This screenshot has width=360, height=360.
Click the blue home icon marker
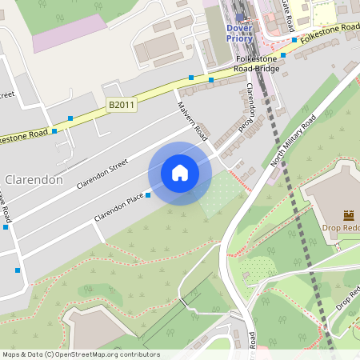tap(180, 173)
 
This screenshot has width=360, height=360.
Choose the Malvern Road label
tap(193, 122)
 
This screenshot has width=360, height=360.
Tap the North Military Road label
tap(294, 138)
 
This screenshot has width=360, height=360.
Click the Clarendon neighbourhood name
tap(34, 180)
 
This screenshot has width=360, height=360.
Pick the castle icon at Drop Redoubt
tap(349, 215)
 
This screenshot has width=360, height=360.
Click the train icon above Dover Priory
tap(239, 15)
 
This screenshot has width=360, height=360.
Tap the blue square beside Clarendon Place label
tap(148, 195)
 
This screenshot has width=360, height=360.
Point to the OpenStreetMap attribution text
tap(81, 354)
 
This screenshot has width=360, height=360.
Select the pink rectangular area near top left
tap(69, 33)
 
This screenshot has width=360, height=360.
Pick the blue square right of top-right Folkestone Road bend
tap(294, 40)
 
